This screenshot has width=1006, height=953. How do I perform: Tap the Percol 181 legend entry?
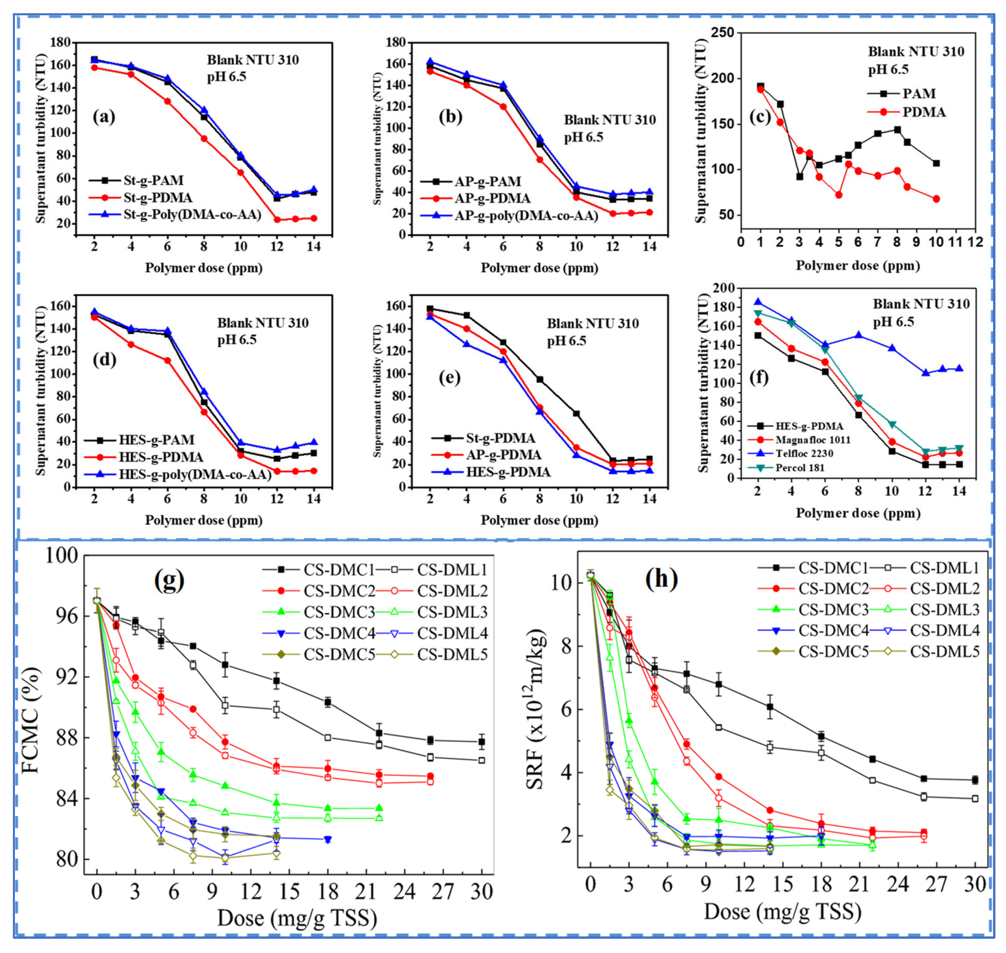tap(799, 467)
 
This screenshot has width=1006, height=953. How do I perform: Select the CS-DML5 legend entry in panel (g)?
tap(452, 655)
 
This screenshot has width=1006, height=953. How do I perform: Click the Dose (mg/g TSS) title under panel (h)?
tap(783, 912)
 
